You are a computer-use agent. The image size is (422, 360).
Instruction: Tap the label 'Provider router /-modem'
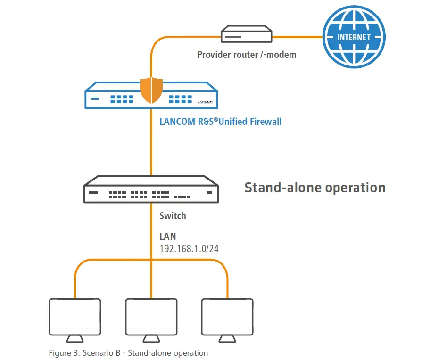pos(247,55)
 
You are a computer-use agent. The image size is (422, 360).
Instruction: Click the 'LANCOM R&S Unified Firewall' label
pos(220,122)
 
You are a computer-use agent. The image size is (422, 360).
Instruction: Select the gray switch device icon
pos(151,189)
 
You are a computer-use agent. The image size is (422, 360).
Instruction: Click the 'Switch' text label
pos(173,216)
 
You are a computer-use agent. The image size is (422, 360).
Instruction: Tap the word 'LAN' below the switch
pos(167,237)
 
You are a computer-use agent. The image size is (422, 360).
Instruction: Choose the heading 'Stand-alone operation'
pos(314,188)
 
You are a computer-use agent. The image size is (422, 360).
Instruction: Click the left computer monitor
pos(75,317)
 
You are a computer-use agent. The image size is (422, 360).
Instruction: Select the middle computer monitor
pos(151,317)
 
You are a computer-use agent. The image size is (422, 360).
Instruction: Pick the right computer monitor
pos(227,317)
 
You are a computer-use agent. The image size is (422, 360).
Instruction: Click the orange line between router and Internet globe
pos(297,36)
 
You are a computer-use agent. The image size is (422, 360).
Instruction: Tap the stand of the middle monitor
pos(151,339)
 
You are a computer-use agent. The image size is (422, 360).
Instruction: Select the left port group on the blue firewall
pos(122,99)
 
